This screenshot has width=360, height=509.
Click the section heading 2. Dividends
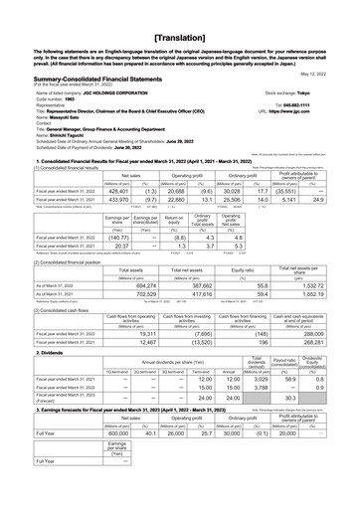point(24,352)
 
